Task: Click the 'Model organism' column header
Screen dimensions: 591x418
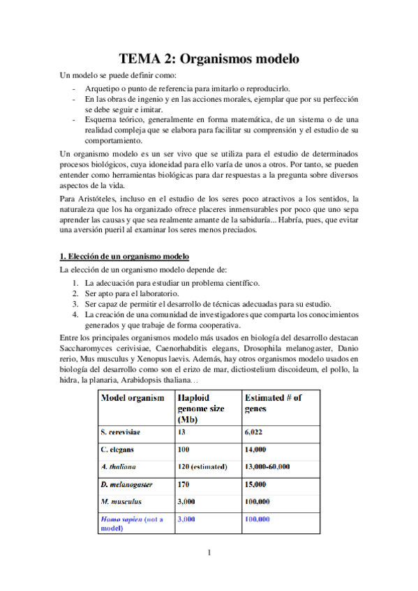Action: pyautogui.click(x=133, y=398)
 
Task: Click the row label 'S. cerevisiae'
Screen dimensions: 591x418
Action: pyautogui.click(x=125, y=432)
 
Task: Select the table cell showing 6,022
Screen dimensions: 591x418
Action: pyautogui.click(x=255, y=432)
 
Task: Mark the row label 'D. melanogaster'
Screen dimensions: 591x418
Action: pyautogui.click(x=127, y=484)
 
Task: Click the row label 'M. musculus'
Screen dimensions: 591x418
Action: pyautogui.click(x=121, y=501)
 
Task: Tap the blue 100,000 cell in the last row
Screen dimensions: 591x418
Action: pyautogui.click(x=257, y=519)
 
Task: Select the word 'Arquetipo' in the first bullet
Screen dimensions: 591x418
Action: pyautogui.click(x=104, y=89)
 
